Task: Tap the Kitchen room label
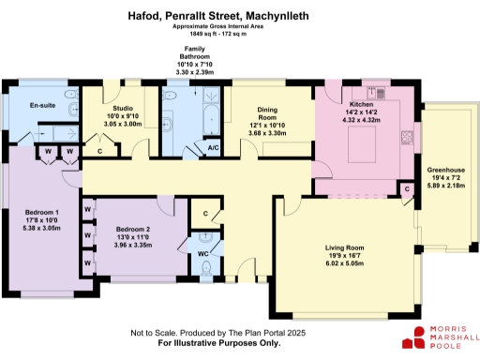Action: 362,104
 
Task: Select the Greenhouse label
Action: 448,177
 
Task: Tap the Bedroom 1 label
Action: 43,212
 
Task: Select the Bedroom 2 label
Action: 133,230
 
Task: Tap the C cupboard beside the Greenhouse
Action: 407,189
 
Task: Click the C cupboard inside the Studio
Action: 100,149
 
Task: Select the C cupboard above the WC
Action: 205,214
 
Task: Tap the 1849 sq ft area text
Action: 240,34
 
